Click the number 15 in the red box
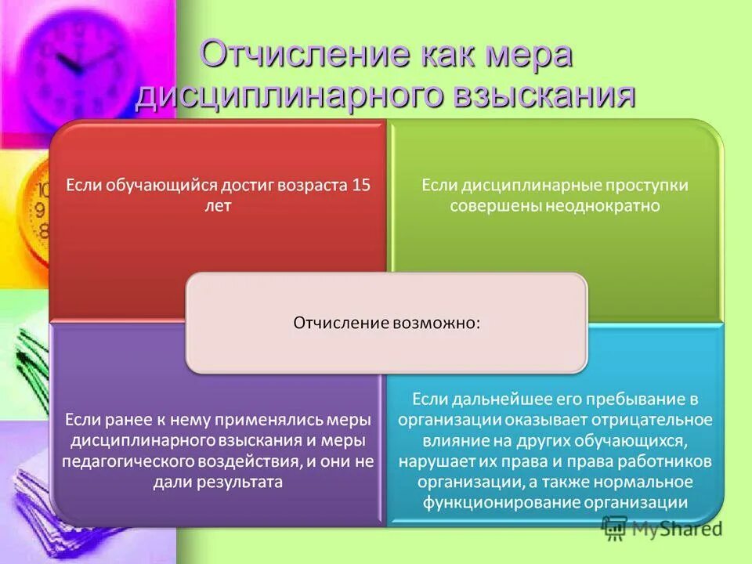361,186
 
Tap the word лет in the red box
220,206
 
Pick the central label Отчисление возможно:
387,323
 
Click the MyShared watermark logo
661,529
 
